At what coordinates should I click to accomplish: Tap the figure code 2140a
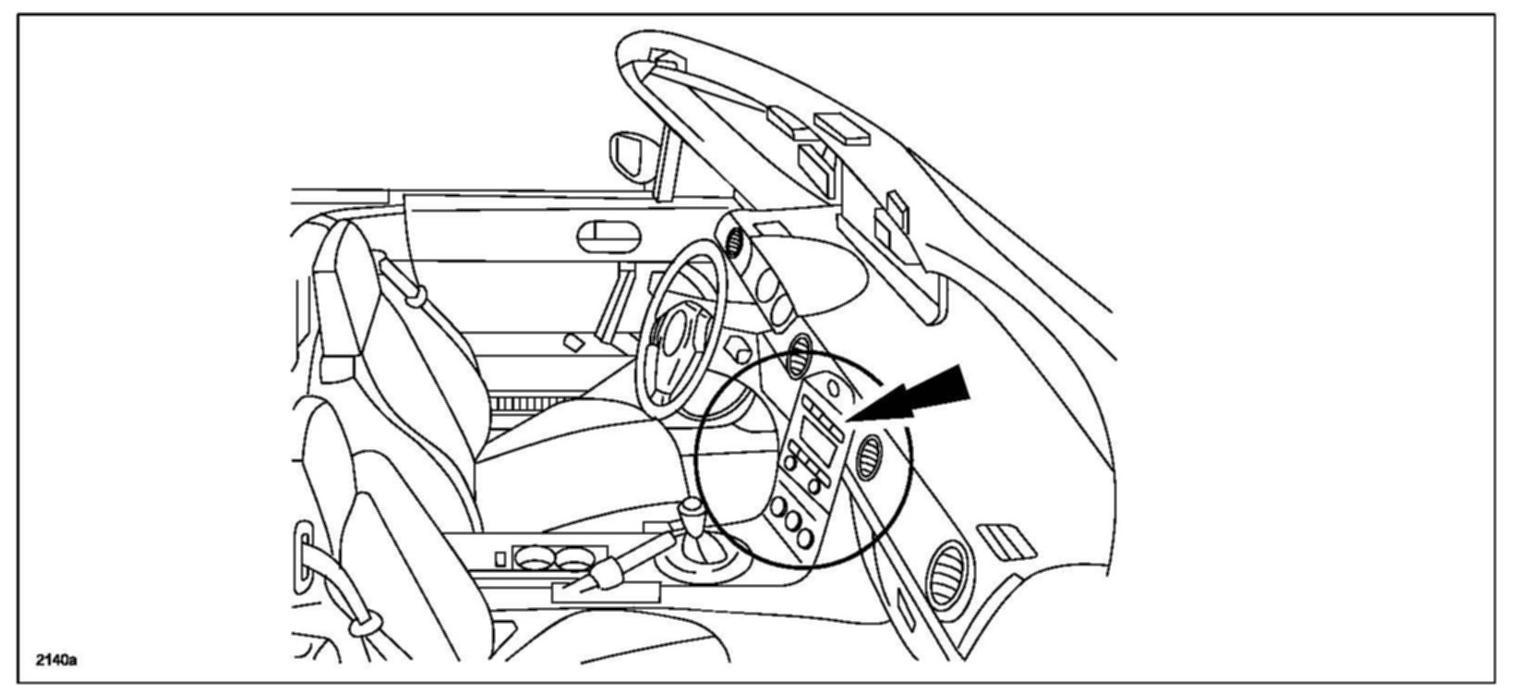(56, 660)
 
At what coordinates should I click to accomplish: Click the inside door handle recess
(608, 237)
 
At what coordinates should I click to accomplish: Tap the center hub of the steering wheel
(680, 332)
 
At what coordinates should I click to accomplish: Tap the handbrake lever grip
(603, 575)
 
